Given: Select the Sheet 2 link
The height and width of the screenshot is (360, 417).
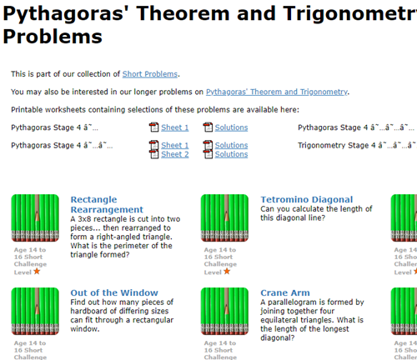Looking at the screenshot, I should [174, 154].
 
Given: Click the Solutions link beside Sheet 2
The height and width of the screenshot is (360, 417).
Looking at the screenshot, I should [231, 154].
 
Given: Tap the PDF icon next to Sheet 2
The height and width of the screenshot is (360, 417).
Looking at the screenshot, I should [153, 154].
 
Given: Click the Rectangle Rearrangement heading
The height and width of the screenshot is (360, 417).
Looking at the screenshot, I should [106, 204].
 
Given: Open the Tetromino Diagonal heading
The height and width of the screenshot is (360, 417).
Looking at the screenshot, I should [306, 200].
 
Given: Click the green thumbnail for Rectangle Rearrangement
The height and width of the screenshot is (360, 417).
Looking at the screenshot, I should [36, 217].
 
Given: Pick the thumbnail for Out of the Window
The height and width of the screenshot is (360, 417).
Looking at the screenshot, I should [36, 311].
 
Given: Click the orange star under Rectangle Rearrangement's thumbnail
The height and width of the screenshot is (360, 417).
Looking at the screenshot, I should [38, 271].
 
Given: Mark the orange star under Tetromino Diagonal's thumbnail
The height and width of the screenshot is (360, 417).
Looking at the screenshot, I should [227, 271].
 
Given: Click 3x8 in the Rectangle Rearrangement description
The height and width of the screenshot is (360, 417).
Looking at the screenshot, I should [86, 218].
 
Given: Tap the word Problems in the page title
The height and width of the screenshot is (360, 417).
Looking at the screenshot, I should [53, 37].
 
